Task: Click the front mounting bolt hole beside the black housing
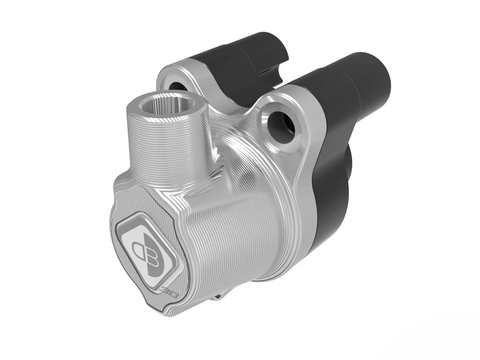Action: pyautogui.click(x=280, y=122)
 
